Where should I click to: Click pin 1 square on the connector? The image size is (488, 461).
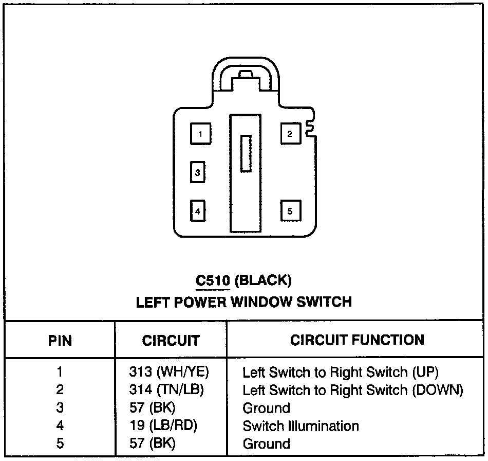pyautogui.click(x=200, y=134)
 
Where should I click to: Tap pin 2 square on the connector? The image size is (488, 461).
pyautogui.click(x=290, y=134)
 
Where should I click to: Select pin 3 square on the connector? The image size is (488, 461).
pyautogui.click(x=198, y=172)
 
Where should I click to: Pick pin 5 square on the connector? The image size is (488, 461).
pyautogui.click(x=290, y=210)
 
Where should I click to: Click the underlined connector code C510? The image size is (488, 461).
pyautogui.click(x=213, y=280)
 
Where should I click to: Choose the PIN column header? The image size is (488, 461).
pyautogui.click(x=60, y=341)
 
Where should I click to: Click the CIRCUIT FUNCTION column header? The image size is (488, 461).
pyautogui.click(x=357, y=340)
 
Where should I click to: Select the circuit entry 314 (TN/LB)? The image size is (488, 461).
pyautogui.click(x=166, y=390)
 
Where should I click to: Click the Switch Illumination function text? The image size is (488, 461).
pyautogui.click(x=301, y=426)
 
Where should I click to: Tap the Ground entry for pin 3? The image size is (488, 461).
pyautogui.click(x=266, y=408)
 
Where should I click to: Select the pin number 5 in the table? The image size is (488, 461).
pyautogui.click(x=60, y=444)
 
